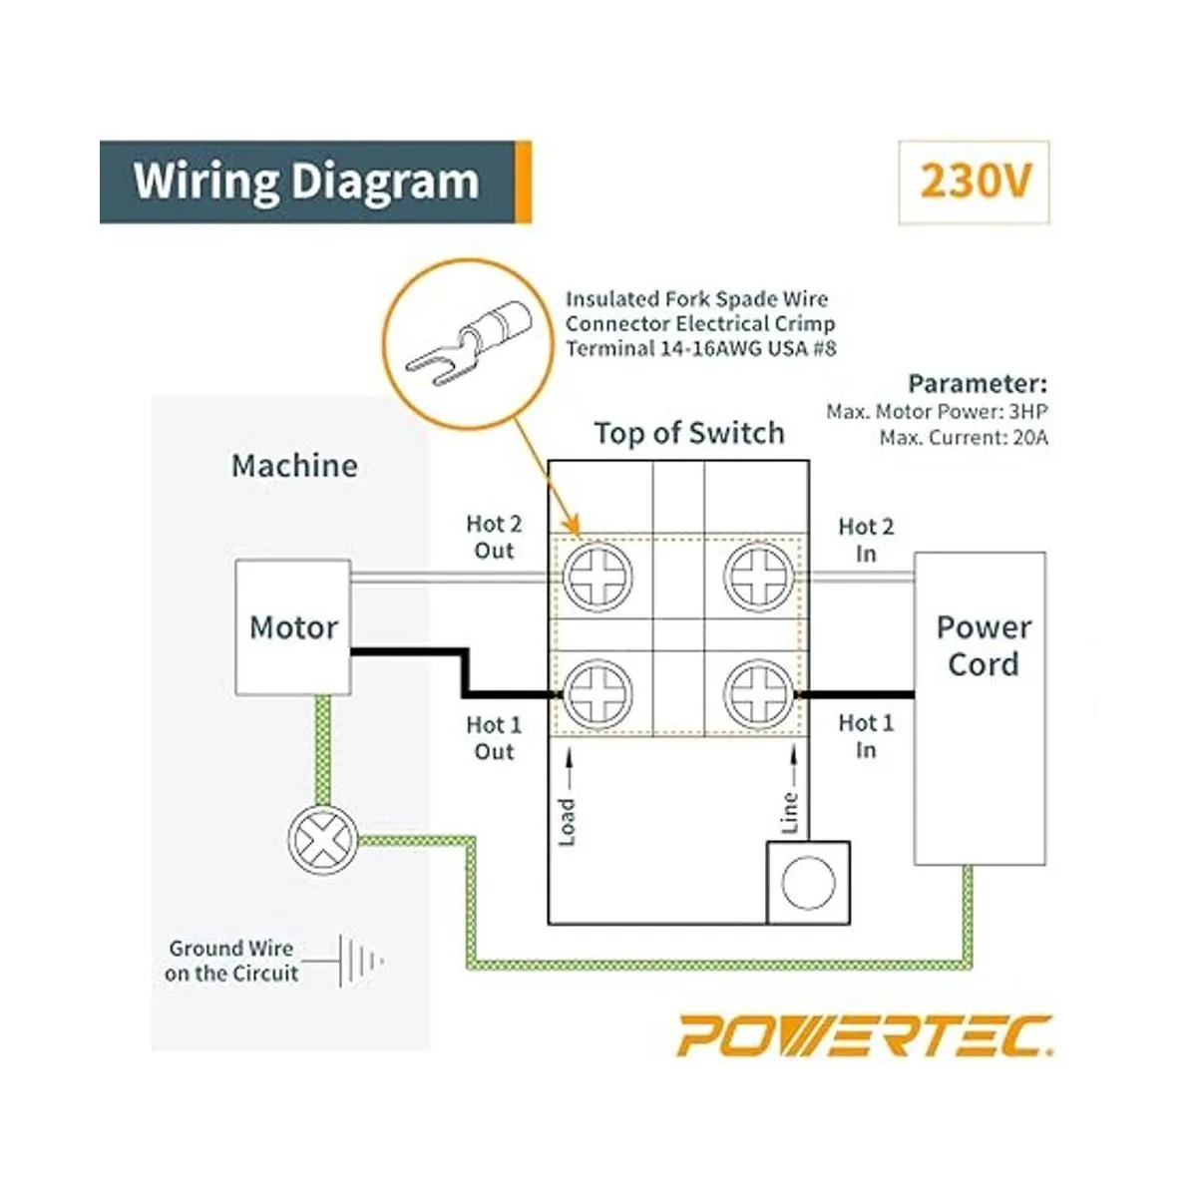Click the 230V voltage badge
point(975,183)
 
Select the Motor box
point(293,627)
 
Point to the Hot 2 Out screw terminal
point(598,577)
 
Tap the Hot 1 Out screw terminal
point(598,691)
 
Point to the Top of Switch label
point(689,433)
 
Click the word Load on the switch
point(568,822)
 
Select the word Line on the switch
point(790,812)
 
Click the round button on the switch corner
point(808,883)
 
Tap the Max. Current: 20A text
point(964,437)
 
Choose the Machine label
point(294,466)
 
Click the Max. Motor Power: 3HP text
point(937,411)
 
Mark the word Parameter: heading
point(978,384)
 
